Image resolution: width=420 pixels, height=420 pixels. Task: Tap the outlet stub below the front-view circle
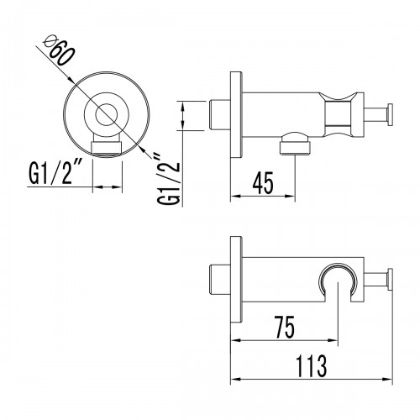pos(108,148)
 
